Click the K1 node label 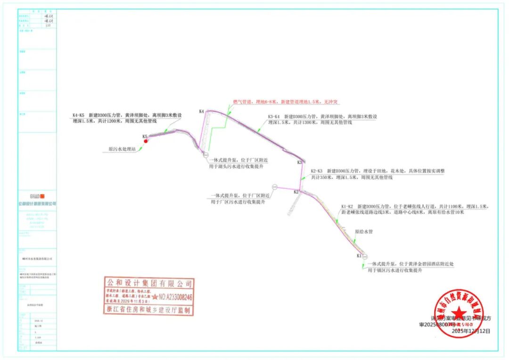tap(359, 256)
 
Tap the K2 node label tap(296, 192)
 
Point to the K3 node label tap(300, 163)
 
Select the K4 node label tap(201, 112)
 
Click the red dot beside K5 tap(146, 140)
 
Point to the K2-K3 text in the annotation tap(317, 172)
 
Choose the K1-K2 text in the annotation tap(347, 206)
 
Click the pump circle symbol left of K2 tap(275, 187)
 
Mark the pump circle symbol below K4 tap(206, 155)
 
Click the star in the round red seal tap(458, 313)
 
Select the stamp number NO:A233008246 tap(175, 298)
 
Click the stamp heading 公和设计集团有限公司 tap(149, 284)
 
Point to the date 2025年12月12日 tap(471, 331)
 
